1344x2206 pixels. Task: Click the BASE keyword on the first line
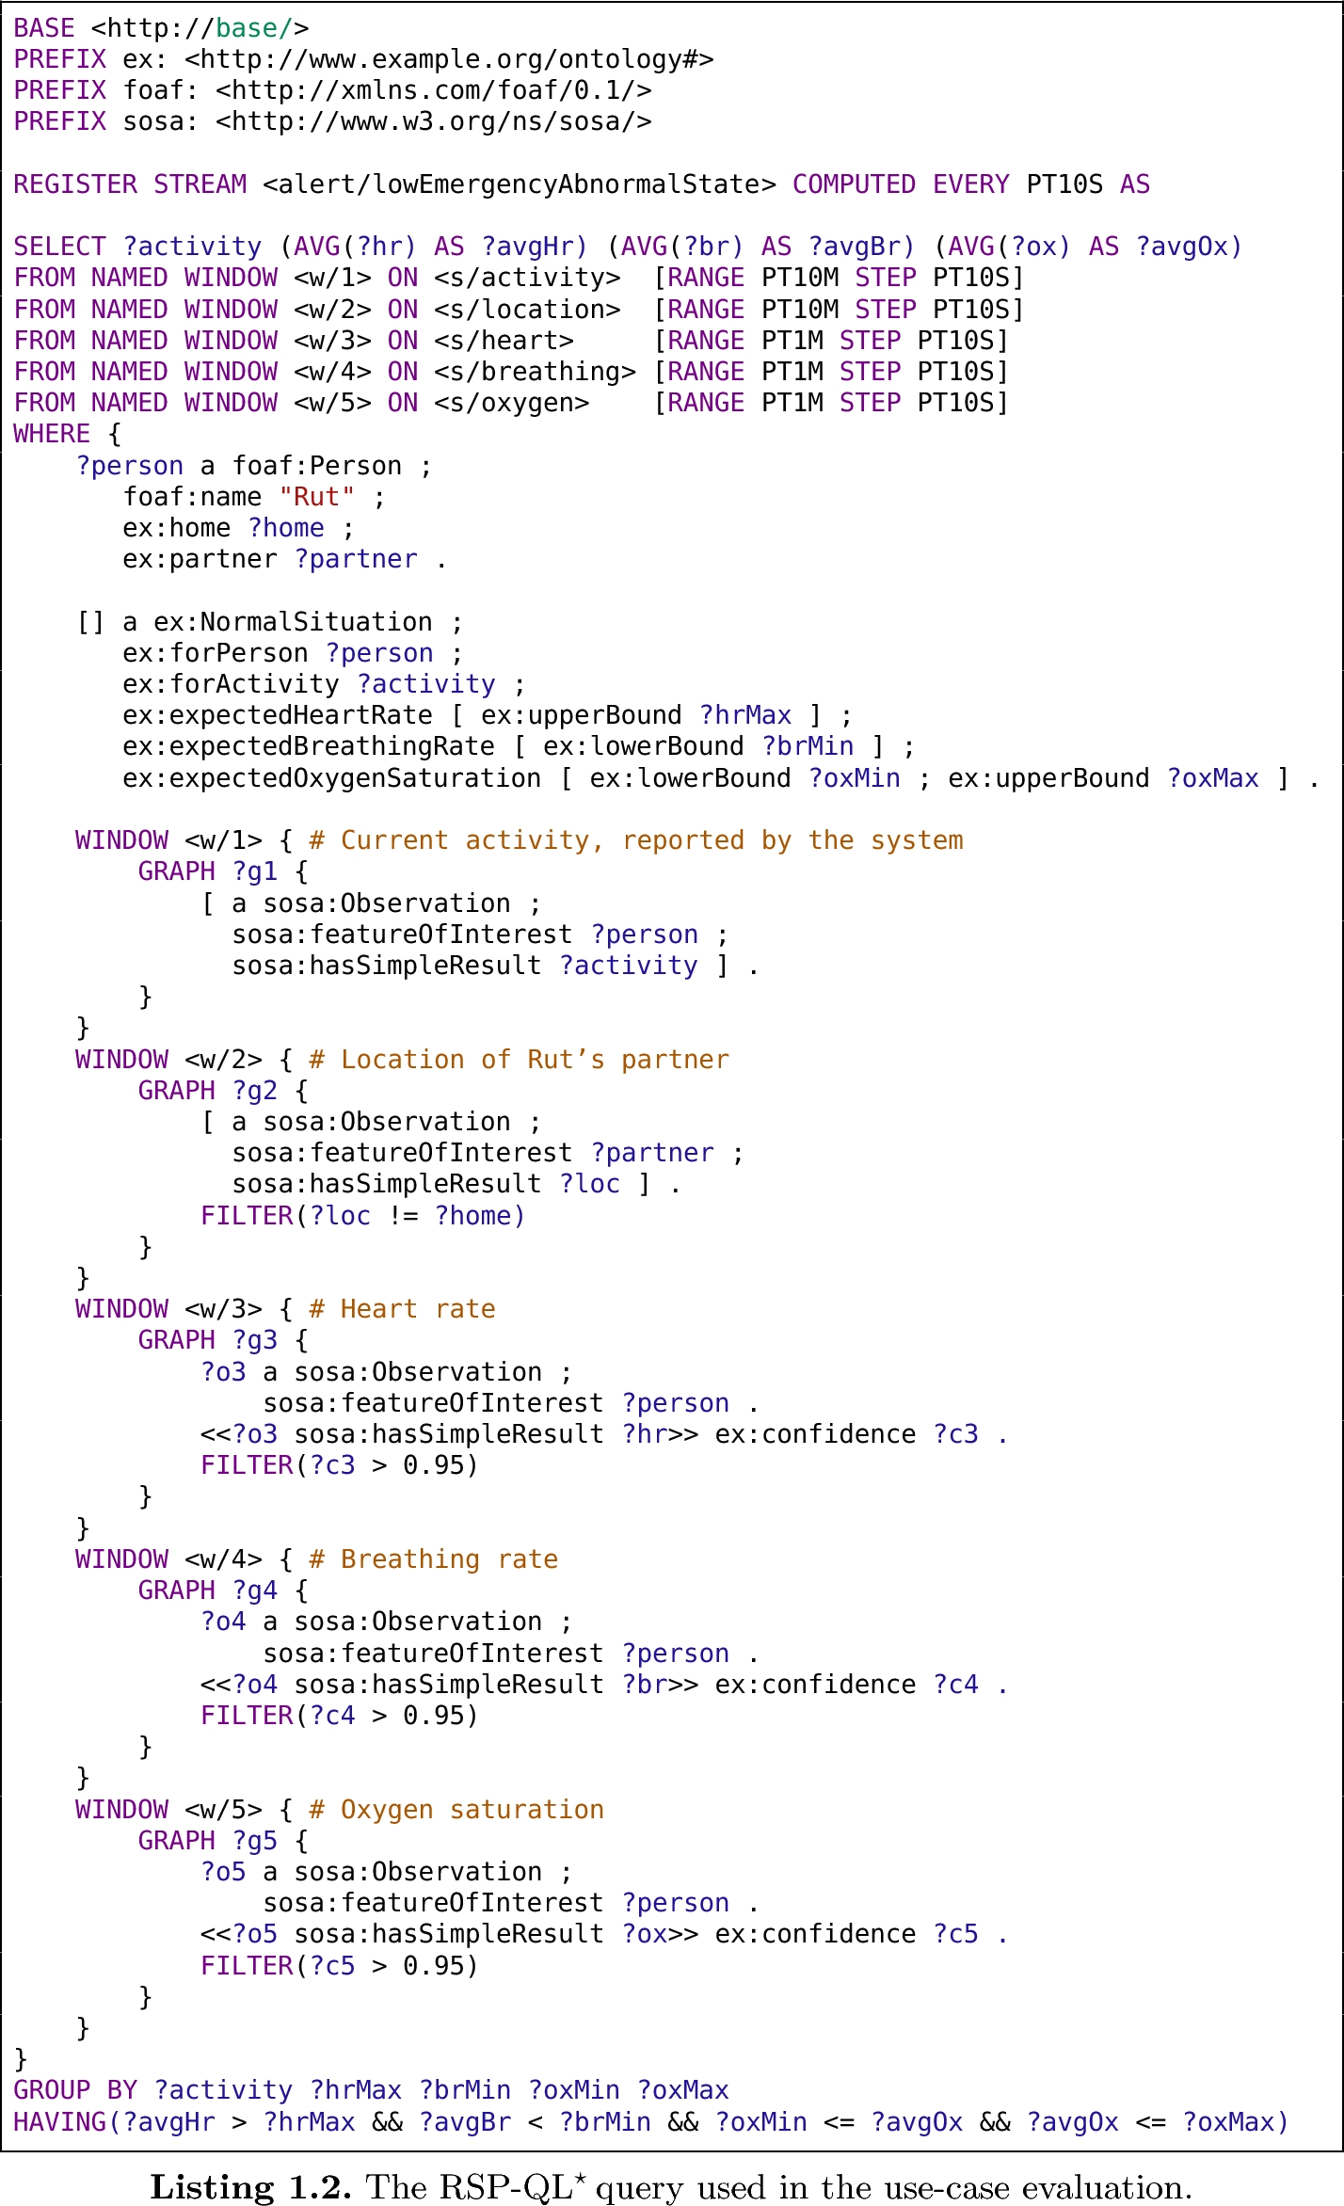[x=43, y=28]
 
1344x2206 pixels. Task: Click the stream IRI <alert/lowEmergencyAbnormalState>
[x=520, y=184]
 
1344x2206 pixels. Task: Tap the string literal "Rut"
[x=317, y=497]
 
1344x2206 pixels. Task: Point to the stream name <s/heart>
[x=504, y=341]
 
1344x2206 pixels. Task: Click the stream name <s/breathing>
[x=535, y=372]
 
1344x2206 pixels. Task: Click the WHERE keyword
[x=52, y=434]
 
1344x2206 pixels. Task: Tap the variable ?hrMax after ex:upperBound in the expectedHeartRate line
[x=745, y=715]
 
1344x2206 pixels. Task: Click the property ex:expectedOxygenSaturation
[x=331, y=778]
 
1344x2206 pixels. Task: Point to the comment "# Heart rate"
[x=402, y=1309]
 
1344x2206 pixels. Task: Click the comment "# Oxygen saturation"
[x=456, y=1809]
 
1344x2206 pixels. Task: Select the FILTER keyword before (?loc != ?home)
[x=247, y=1216]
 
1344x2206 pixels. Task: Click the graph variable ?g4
[x=255, y=1591]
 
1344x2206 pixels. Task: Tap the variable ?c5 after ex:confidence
[x=955, y=1934]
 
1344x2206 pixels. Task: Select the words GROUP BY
[x=75, y=2090]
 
